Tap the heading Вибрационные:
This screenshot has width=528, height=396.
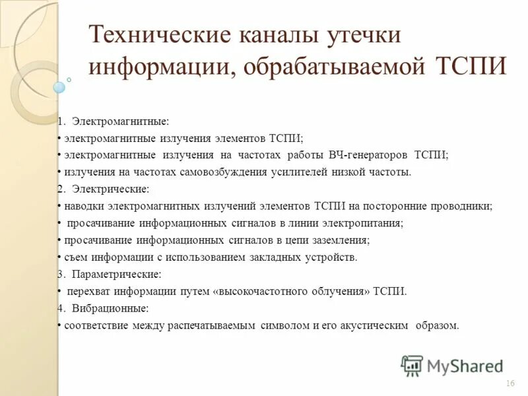(x=110, y=308)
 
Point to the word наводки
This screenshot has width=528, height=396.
(x=84, y=206)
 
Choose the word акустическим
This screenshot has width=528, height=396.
(x=373, y=325)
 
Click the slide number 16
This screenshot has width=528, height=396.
(x=510, y=384)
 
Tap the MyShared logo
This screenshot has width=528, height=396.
(x=451, y=365)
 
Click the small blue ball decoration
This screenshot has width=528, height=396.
(x=59, y=86)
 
